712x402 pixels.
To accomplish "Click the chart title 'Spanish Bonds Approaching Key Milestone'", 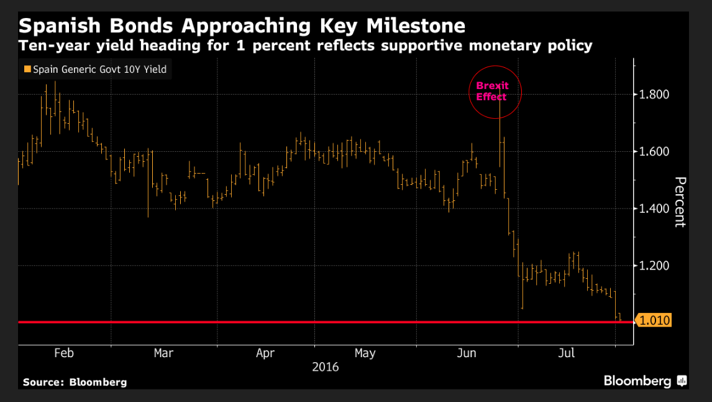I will click(242, 26).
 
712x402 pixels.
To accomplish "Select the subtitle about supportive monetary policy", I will click(305, 45).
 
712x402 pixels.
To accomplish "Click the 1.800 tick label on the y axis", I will click(655, 95).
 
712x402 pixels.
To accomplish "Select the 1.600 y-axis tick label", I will click(655, 151).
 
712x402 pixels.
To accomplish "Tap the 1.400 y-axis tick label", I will click(655, 208).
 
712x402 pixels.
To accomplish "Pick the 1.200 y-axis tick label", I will click(655, 266).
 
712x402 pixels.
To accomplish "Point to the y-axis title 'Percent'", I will click(680, 202).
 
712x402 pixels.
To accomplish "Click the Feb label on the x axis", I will click(64, 353).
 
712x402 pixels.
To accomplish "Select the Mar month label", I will click(163, 353).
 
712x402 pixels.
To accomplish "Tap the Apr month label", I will click(265, 353).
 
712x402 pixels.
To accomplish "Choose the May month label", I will click(365, 353).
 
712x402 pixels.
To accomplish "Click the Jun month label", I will click(467, 353).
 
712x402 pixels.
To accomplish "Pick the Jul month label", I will click(567, 353).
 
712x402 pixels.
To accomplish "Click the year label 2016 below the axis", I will click(325, 367).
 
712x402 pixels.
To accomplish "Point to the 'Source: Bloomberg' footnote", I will click(75, 382).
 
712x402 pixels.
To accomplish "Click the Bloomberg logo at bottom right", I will click(644, 381).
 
